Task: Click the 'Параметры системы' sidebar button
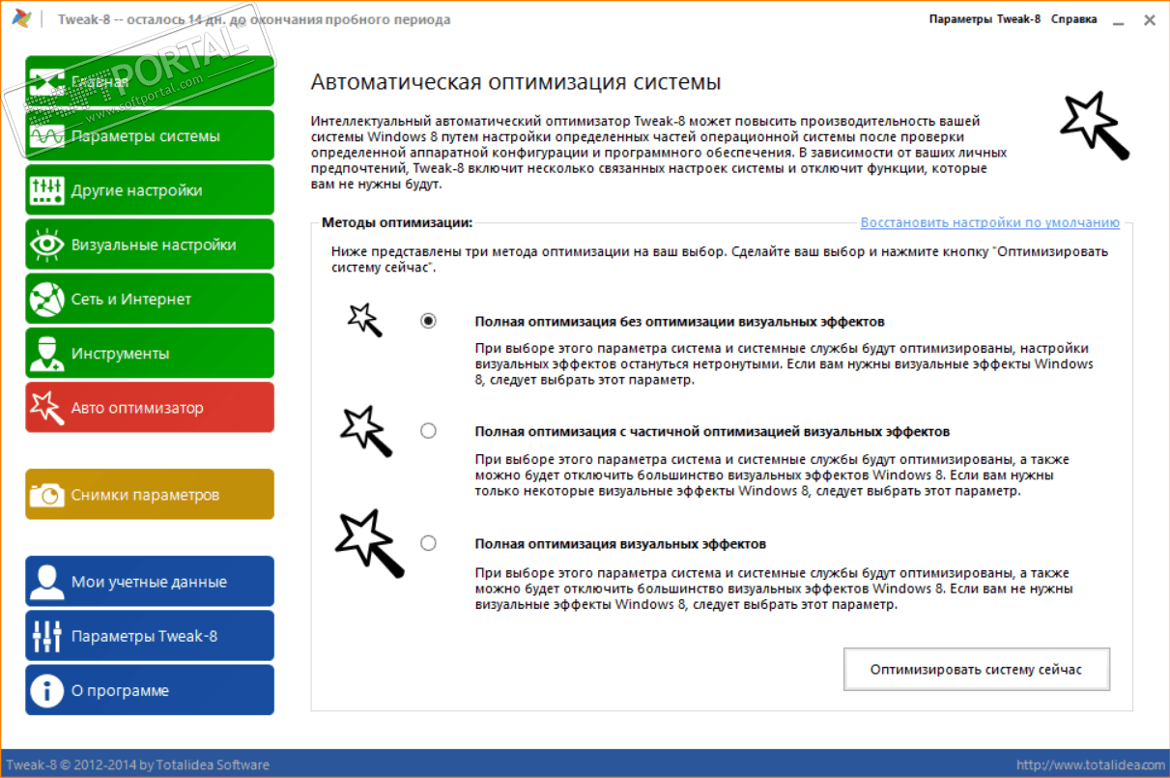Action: [x=150, y=136]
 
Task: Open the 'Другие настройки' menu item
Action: [x=150, y=190]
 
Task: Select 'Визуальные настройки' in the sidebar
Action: [x=150, y=245]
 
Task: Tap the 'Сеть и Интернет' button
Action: [x=150, y=299]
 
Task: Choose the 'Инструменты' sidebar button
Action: [x=150, y=353]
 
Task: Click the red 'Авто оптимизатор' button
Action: [x=150, y=407]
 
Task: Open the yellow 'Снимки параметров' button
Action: [x=150, y=494]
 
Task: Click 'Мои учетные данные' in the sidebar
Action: [x=150, y=581]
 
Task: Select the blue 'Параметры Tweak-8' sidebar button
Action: [x=150, y=635]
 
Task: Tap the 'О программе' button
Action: [x=150, y=690]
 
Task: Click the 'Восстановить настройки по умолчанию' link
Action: [x=989, y=222]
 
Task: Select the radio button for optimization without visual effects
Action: [x=429, y=321]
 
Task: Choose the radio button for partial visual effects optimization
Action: [x=429, y=431]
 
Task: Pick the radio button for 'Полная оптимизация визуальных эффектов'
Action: [x=429, y=543]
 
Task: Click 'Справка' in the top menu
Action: [x=1073, y=19]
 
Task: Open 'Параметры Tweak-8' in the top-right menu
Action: [x=985, y=19]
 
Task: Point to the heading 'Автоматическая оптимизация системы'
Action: [x=516, y=82]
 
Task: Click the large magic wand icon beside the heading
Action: [x=1095, y=125]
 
